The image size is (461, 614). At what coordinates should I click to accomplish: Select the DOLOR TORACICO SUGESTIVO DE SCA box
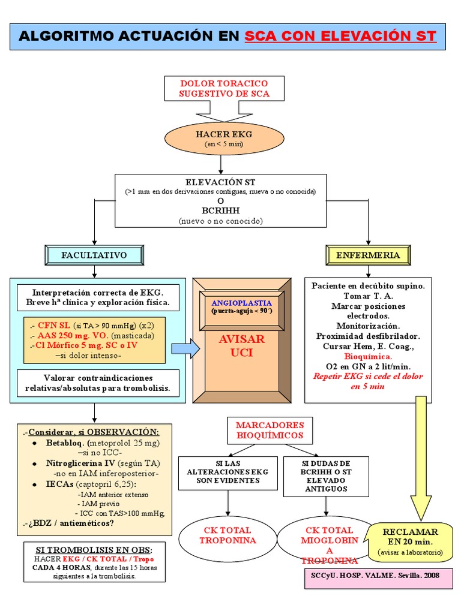coord(224,88)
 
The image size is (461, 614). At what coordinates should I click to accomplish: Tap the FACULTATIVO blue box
coord(94,255)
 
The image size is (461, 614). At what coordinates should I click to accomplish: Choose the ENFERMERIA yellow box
coord(367,255)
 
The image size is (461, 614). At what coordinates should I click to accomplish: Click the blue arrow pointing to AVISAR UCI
coord(185,348)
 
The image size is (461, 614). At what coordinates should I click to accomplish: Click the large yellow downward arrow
coord(420,456)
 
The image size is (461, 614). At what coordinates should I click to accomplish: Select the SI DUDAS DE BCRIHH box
coord(325,476)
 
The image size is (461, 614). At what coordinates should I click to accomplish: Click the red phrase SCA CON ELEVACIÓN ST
coord(340,36)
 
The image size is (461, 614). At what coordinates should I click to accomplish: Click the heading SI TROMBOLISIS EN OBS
coord(94,550)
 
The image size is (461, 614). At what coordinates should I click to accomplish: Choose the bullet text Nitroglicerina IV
coord(77,463)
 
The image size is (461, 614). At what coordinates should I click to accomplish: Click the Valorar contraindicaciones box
coord(98,383)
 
